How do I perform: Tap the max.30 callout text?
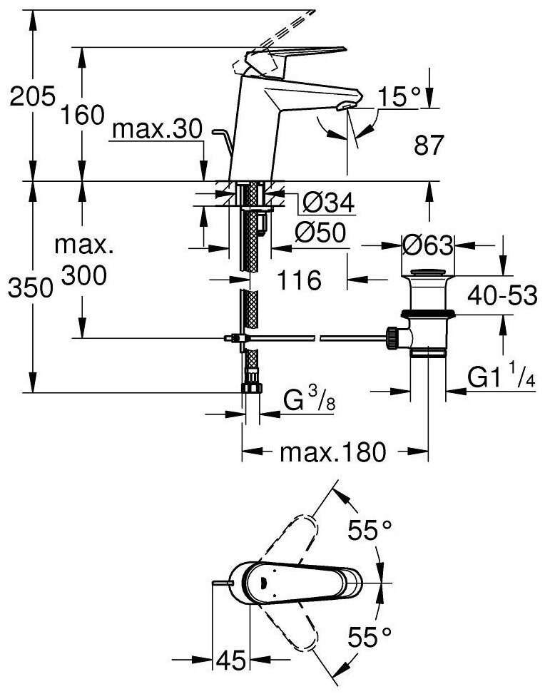click(158, 130)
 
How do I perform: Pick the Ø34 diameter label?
click(327, 204)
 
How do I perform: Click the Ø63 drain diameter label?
click(427, 246)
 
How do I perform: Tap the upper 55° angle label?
click(370, 529)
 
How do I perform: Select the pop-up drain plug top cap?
click(427, 272)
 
